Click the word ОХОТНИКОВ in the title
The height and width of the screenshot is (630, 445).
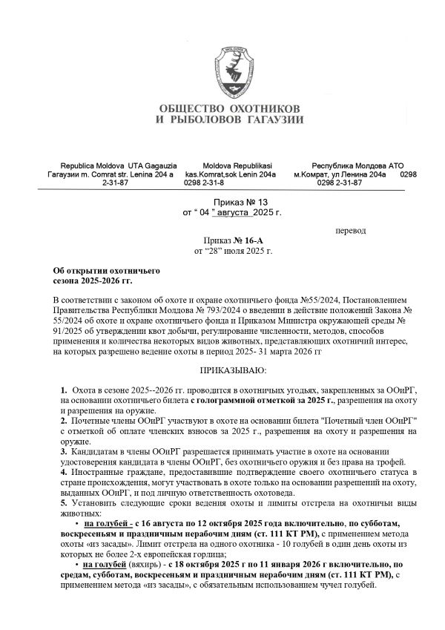[x=259, y=108]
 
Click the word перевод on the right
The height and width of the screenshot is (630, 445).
[x=351, y=231]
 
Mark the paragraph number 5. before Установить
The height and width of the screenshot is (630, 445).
[x=63, y=502]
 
